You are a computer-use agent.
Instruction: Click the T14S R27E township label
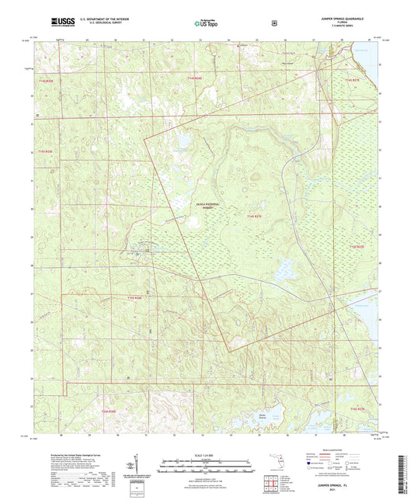(x=353, y=80)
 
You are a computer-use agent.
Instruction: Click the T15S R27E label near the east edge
(x=356, y=246)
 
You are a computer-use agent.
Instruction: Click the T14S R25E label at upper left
(x=47, y=79)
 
